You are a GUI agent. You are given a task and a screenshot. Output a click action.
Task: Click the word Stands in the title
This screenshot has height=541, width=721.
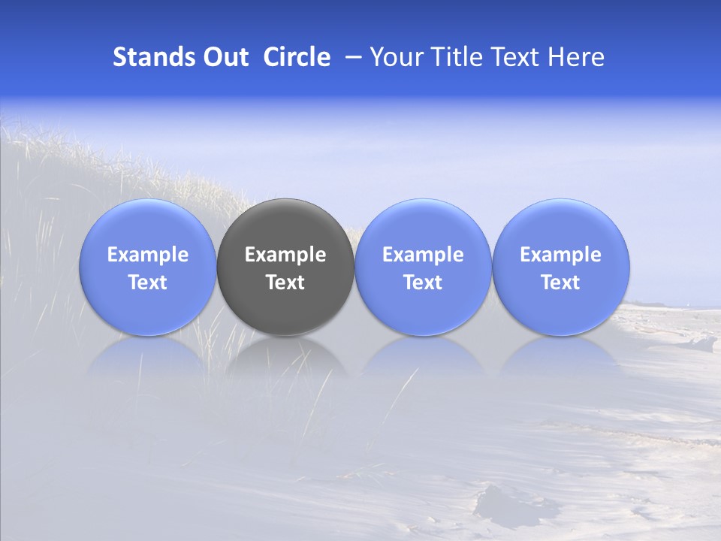(154, 57)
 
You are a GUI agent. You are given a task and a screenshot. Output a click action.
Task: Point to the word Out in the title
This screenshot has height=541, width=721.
(225, 57)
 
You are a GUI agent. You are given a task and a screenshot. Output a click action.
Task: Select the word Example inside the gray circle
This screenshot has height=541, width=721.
(285, 255)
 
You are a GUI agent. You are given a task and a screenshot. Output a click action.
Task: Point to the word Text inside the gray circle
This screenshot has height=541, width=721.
(285, 283)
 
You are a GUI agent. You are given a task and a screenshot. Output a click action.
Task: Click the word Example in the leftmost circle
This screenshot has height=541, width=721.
(147, 255)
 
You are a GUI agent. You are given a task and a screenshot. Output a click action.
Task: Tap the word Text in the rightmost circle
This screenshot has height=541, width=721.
(560, 283)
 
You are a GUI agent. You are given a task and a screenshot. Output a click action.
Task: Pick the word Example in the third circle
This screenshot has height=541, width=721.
(423, 255)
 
